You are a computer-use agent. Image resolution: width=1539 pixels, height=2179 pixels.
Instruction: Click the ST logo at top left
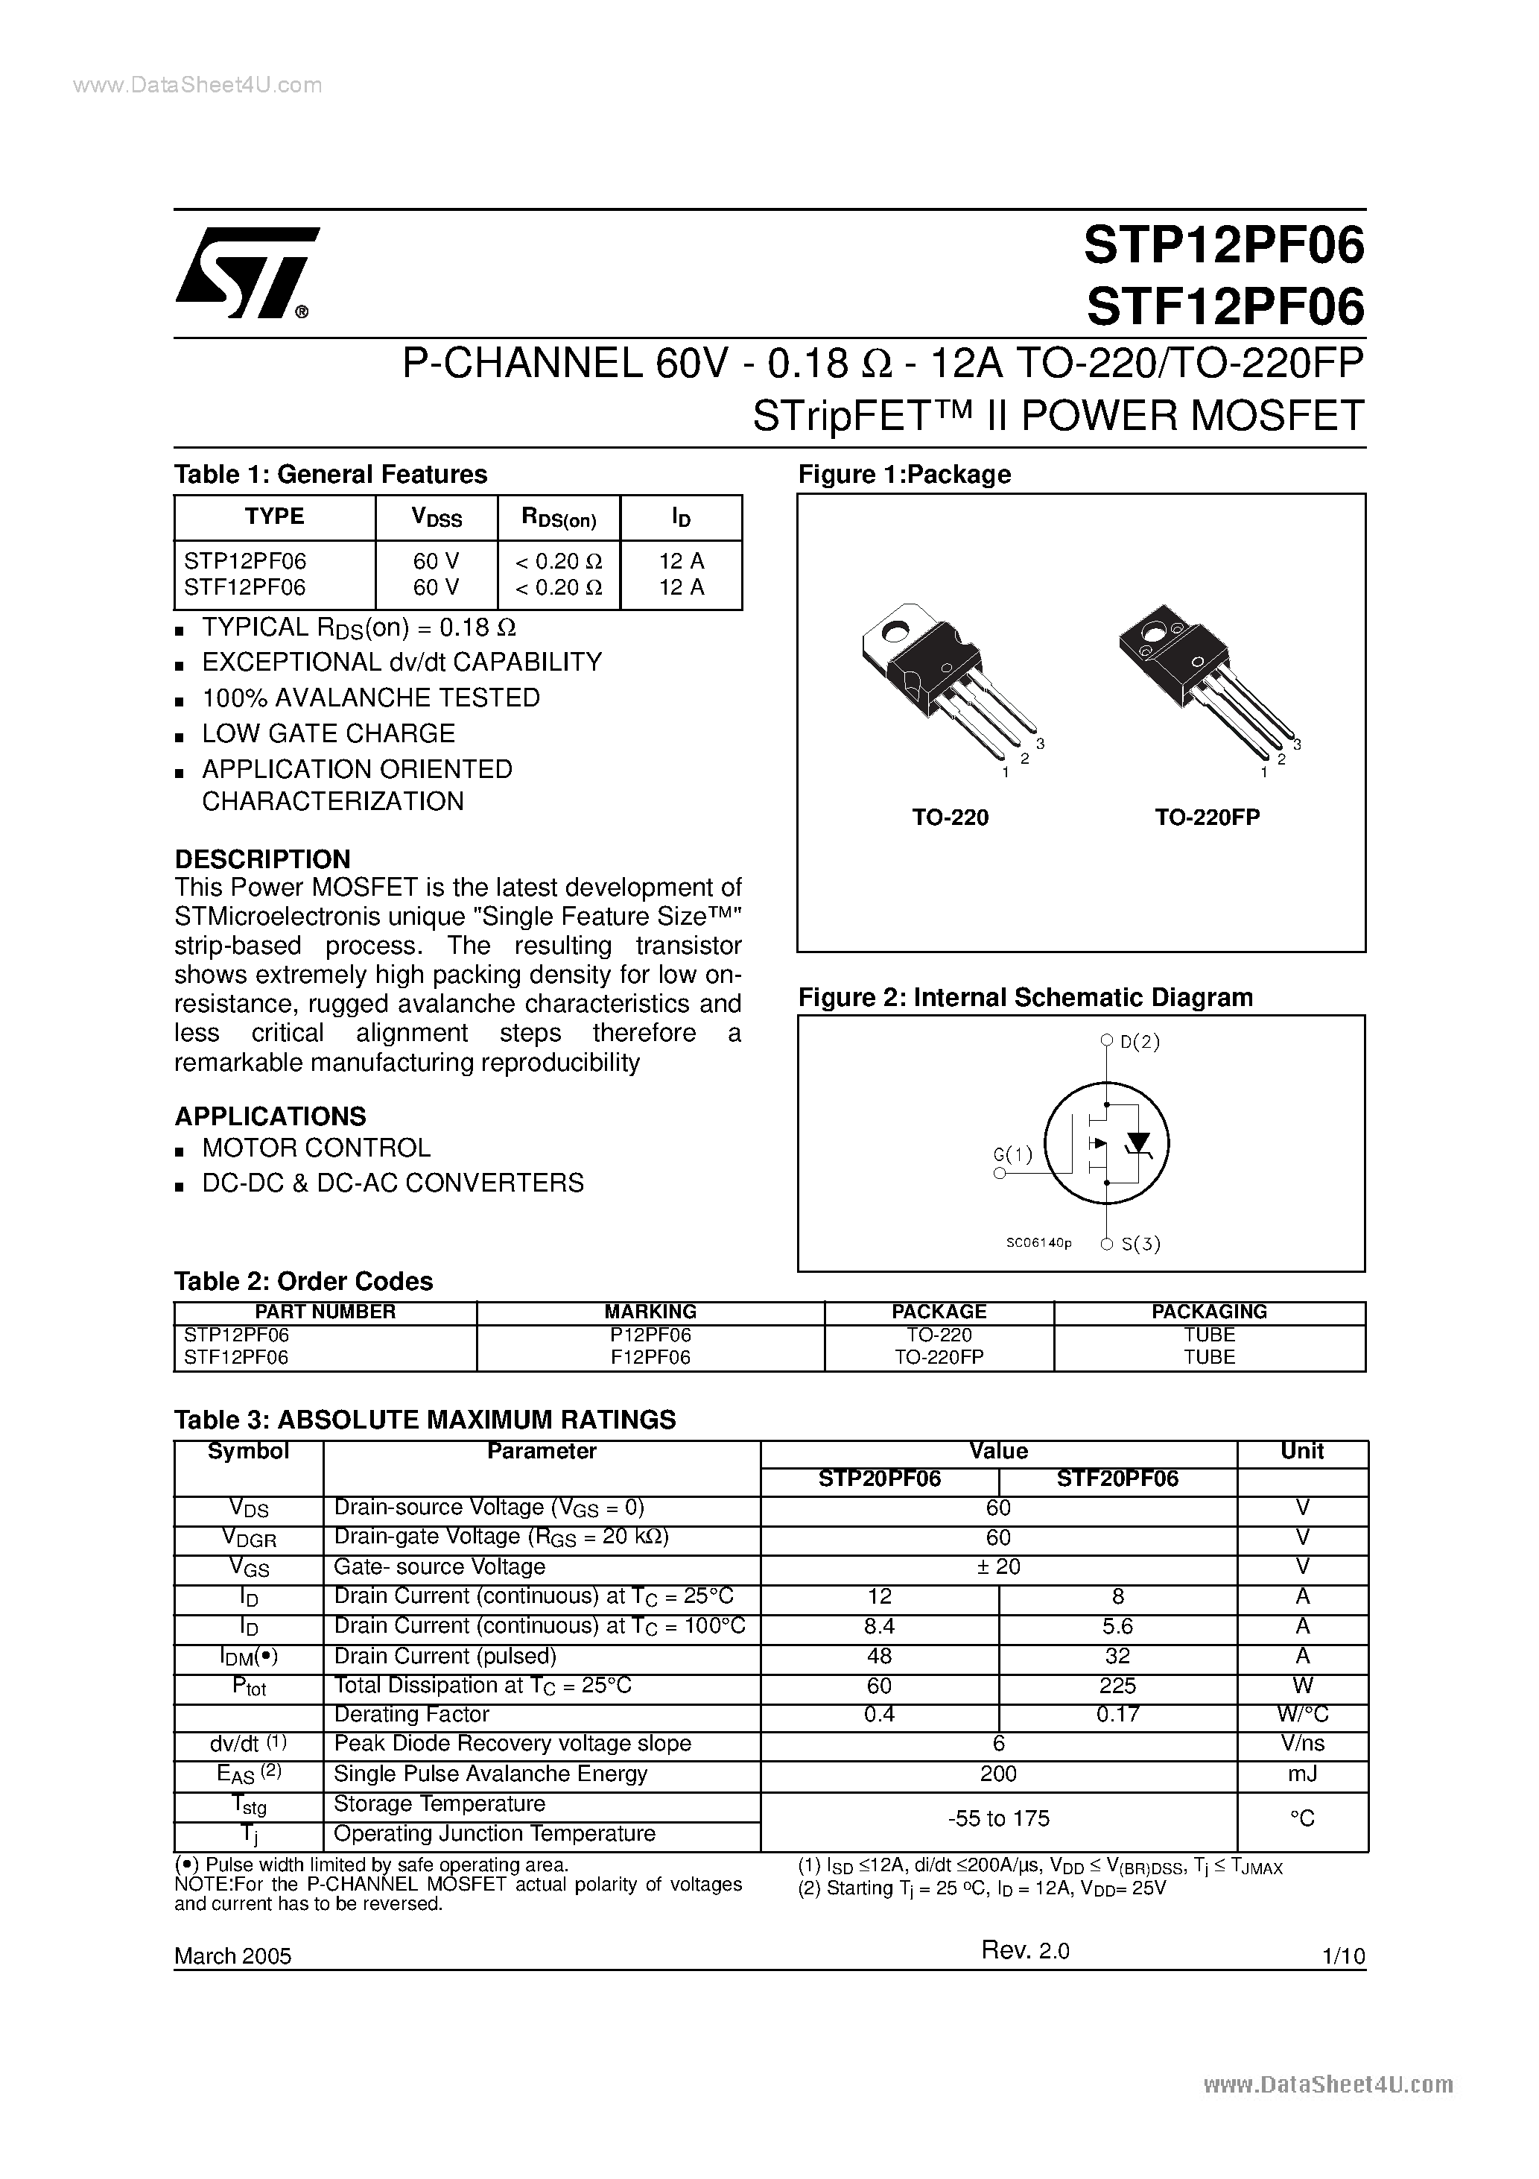point(245,273)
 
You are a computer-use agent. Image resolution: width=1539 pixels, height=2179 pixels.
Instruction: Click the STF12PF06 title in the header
point(1224,306)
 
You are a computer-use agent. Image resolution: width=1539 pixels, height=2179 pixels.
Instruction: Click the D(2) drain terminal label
point(1140,1041)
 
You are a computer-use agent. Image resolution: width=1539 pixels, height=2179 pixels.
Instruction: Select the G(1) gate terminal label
point(1012,1155)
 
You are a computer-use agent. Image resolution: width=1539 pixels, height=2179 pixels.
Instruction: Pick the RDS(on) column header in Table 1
point(559,518)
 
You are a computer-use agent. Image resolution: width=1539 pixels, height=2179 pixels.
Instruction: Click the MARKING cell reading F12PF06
point(650,1357)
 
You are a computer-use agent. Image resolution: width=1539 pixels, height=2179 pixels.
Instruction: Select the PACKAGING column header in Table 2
point(1209,1312)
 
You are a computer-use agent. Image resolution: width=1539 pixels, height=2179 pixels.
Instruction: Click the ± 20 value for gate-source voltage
point(998,1567)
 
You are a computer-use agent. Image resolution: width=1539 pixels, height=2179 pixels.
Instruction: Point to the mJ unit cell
point(1302,1774)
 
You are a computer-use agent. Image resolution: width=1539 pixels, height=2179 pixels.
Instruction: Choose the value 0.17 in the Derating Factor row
point(1117,1714)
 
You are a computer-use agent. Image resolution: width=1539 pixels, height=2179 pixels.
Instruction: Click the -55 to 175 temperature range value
point(998,1818)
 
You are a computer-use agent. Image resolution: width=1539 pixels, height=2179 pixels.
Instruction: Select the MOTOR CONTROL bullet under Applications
point(316,1148)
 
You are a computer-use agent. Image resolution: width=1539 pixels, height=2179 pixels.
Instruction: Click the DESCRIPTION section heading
point(263,859)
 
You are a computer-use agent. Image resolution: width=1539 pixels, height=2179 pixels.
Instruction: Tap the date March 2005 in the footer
point(232,1956)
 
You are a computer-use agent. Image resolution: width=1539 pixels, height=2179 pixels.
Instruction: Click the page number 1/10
point(1342,1956)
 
